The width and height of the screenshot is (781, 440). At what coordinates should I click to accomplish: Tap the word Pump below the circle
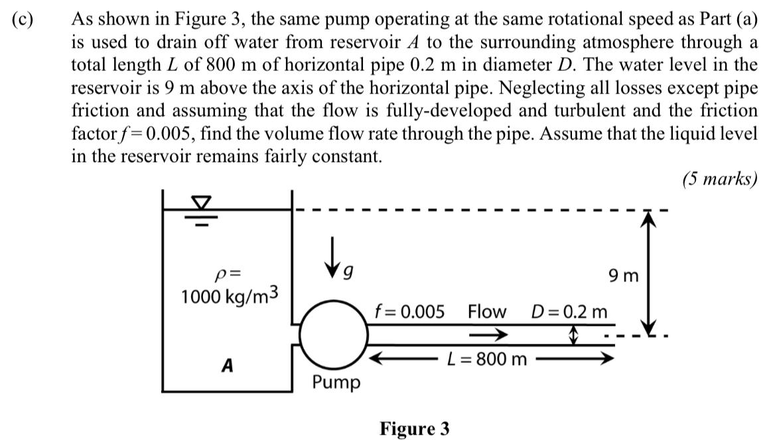click(336, 382)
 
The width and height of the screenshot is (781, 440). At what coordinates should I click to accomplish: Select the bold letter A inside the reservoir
click(228, 366)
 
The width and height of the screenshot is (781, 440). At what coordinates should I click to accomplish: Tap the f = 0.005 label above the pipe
click(409, 311)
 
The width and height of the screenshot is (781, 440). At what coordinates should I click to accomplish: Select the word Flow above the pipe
click(486, 311)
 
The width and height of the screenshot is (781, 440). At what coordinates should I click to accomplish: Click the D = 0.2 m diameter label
click(569, 311)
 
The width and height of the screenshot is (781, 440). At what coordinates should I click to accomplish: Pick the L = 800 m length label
click(487, 360)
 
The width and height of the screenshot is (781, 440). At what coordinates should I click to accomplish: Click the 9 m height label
click(622, 274)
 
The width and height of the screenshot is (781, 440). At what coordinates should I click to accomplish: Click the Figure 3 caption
click(414, 429)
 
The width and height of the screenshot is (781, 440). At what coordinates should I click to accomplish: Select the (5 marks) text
click(719, 179)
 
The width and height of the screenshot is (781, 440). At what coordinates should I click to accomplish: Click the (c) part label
click(25, 19)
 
